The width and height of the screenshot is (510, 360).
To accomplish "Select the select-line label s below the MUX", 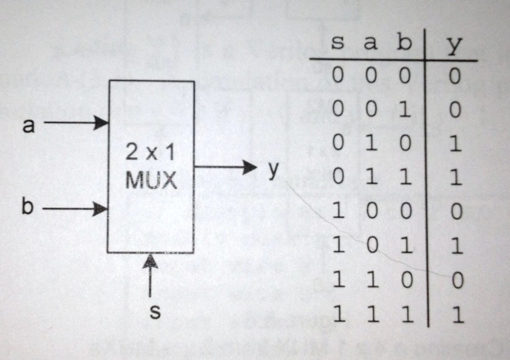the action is click(156, 313).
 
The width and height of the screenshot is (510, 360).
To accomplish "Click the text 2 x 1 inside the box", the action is click(150, 153).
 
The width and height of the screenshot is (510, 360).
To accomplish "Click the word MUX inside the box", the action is click(151, 181).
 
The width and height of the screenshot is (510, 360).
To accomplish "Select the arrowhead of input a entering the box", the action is click(102, 123).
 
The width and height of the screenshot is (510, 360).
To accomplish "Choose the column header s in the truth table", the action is click(337, 44).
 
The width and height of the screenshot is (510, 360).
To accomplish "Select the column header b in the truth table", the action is click(404, 43).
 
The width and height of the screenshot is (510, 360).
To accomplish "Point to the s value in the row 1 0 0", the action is click(338, 212).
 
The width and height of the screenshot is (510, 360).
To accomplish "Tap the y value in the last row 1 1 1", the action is click(456, 315).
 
